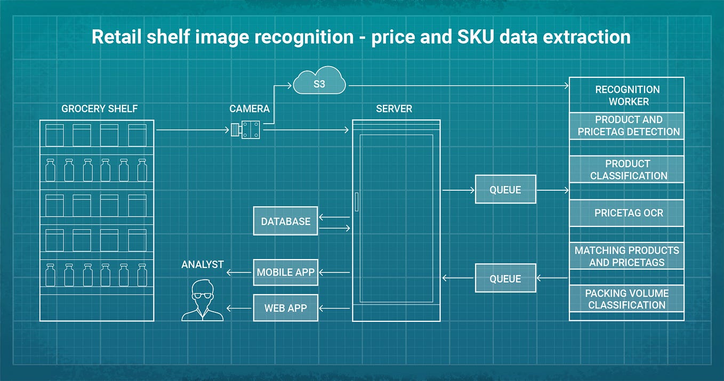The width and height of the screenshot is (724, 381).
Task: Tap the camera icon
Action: pos(245,129)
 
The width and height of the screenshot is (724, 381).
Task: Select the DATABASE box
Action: pos(285,221)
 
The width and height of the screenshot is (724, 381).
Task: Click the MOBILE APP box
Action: pos(285,272)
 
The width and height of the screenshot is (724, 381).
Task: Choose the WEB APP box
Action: pos(285,308)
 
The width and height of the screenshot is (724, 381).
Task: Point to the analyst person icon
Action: pos(202,301)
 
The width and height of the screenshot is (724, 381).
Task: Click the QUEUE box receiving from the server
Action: pos(505,190)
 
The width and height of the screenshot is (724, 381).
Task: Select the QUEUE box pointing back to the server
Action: pos(505,278)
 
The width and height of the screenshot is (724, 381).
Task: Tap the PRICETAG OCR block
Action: pos(627,213)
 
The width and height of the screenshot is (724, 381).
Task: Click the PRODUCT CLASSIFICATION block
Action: pos(627,169)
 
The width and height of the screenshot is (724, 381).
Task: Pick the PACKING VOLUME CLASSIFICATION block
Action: pos(627,299)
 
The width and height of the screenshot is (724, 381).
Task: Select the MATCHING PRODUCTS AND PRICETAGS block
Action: pos(627,256)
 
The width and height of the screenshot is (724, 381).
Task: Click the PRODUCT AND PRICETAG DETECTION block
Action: pos(627,126)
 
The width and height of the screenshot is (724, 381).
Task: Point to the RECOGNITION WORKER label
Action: pos(627,95)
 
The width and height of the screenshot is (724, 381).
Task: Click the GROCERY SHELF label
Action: pos(100,109)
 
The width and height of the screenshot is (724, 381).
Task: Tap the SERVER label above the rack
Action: pos(394,109)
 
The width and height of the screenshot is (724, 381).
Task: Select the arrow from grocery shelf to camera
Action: pos(192,129)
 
